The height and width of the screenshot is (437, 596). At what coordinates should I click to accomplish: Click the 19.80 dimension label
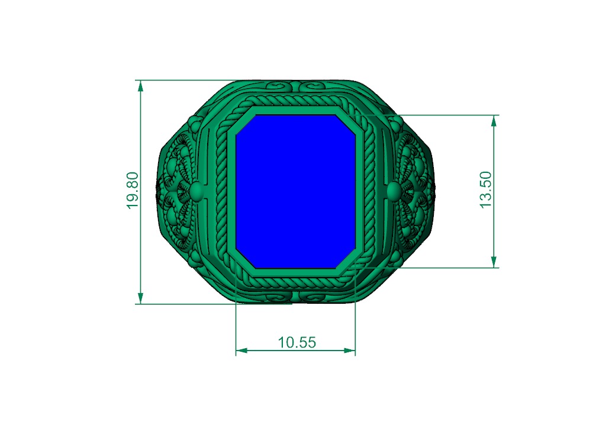point(132,190)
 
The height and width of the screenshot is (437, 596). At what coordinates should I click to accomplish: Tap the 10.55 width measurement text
point(297,342)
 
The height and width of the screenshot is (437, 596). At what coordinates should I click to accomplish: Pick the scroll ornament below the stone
point(296,295)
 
